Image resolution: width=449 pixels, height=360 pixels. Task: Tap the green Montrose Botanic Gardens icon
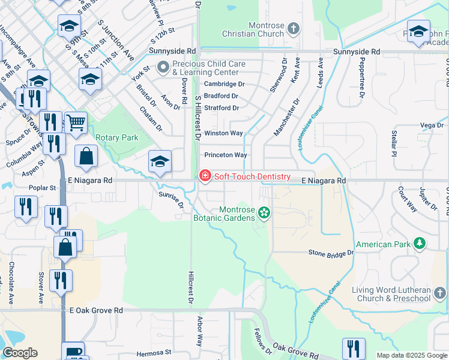[x=263, y=212]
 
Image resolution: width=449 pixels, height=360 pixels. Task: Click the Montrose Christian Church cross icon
[x=293, y=28]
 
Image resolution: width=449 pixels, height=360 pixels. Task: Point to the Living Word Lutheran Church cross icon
[x=440, y=293]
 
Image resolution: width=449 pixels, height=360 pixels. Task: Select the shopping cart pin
[x=76, y=123]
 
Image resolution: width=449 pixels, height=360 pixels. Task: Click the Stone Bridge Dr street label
[x=331, y=254]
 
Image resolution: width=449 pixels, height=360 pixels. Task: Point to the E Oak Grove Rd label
[x=96, y=310]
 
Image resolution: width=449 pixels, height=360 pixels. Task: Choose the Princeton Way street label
[x=226, y=155]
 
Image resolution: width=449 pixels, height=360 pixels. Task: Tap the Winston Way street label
[x=223, y=133]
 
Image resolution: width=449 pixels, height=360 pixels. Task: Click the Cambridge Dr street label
[x=224, y=85]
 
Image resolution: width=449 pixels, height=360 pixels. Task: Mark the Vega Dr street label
[x=432, y=125]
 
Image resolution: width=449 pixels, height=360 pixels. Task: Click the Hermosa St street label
[x=154, y=353]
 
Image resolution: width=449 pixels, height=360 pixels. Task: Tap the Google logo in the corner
[x=19, y=353]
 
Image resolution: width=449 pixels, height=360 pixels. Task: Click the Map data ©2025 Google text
[x=412, y=355]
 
